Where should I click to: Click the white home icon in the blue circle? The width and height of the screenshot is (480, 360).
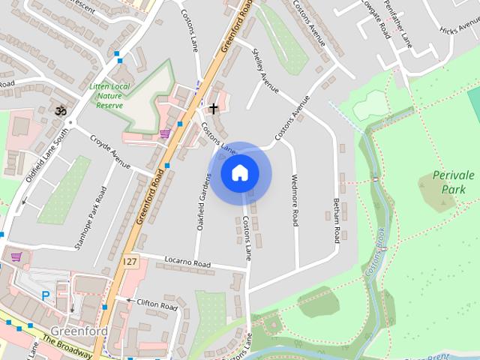pos(239,173)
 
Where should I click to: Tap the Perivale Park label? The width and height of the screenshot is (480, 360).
pos(453,182)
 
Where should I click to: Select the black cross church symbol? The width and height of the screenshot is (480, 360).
pos(214,109)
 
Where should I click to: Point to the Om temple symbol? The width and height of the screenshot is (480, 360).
pos(61,111)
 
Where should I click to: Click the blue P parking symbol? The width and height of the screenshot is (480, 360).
pos(45,296)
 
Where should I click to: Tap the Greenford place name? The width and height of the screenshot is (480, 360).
pos(79,331)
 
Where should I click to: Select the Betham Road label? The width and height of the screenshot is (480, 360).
pos(336,220)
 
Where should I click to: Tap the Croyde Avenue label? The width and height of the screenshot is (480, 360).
pos(110,151)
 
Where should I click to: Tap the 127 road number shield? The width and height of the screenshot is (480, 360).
pos(131,261)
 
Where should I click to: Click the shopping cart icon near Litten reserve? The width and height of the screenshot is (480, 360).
pos(164,134)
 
